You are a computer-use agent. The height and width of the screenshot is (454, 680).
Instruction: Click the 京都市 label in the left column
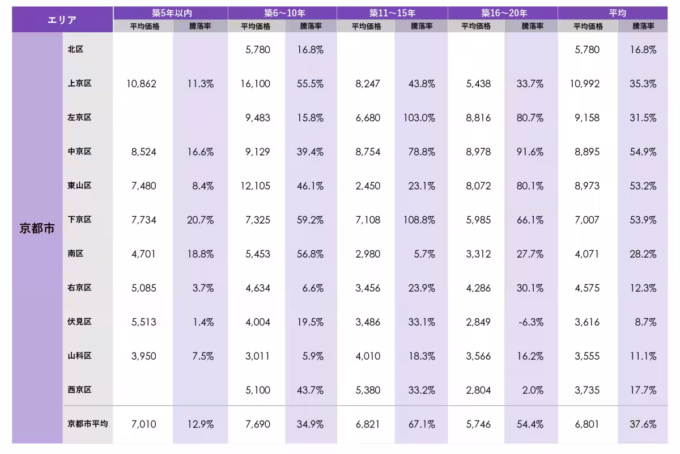coord(37,229)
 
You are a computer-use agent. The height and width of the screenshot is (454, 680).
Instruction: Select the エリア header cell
coord(62,20)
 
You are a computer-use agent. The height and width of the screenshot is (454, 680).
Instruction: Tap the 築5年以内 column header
coord(170,12)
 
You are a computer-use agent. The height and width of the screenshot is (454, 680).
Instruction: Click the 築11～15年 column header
coord(392,12)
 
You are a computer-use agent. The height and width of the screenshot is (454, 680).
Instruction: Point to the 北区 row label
coord(75,49)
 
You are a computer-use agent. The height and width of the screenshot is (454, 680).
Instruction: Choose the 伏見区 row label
coord(79,322)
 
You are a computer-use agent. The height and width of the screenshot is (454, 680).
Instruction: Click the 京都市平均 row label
coord(87,424)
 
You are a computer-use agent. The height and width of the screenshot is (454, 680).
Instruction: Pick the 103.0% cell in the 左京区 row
coord(420,118)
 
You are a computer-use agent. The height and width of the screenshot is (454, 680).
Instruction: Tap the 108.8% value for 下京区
coord(420,220)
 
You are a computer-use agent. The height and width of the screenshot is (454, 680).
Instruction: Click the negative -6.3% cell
coord(530,322)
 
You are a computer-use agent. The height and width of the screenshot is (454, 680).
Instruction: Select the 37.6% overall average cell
coord(643,424)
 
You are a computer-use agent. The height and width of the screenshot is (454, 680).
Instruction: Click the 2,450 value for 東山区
coord(368,186)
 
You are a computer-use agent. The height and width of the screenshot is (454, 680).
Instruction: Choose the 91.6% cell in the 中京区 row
coord(530,152)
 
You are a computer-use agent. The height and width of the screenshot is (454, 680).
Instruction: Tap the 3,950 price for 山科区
coord(143,356)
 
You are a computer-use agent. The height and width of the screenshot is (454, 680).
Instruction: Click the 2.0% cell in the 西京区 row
coord(533,390)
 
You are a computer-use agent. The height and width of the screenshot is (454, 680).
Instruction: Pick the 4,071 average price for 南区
coord(586,254)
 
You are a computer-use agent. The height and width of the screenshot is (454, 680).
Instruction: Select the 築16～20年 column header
coord(504,12)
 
